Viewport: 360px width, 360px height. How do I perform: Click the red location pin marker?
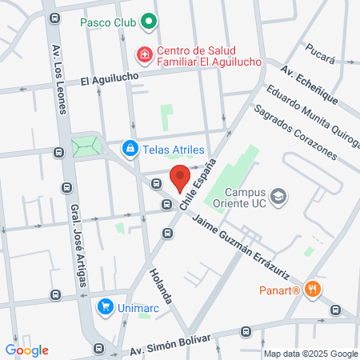180,178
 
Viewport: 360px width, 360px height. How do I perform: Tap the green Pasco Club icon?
147,22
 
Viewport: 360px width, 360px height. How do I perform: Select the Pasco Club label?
107,22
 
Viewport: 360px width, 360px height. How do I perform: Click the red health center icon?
145,54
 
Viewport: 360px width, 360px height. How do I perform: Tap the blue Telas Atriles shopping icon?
130,149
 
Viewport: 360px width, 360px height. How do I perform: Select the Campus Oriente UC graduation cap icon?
278,195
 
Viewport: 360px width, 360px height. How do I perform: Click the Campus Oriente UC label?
243,198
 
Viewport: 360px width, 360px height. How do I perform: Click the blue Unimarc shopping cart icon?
105,306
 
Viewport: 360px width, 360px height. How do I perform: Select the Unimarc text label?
138,306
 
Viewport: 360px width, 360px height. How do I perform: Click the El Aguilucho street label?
110,78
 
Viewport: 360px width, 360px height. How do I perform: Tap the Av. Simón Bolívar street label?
169,345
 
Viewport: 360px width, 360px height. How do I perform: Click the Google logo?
26,350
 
